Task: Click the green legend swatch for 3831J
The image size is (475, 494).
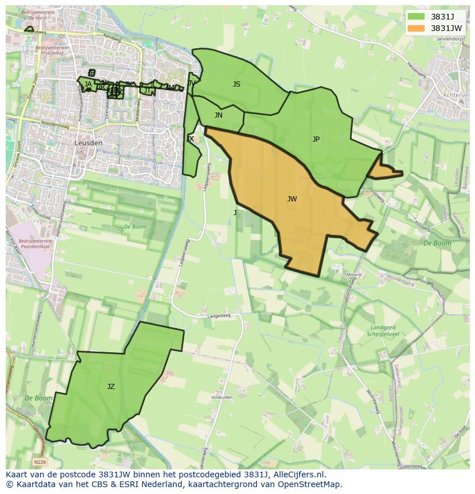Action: [416, 17]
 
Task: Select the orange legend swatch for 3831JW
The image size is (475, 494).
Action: [416, 28]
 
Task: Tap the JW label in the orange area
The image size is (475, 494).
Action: [292, 199]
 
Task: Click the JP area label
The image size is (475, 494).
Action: [316, 139]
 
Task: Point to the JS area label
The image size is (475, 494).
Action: [236, 84]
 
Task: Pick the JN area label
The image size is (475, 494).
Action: [219, 115]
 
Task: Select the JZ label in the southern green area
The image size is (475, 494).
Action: [111, 387]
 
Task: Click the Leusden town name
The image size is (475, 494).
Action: [88, 143]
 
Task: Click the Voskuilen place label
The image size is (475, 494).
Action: [221, 397]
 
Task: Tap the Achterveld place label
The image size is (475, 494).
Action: [456, 96]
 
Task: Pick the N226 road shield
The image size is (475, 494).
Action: [40, 461]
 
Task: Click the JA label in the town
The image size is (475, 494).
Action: [88, 84]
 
